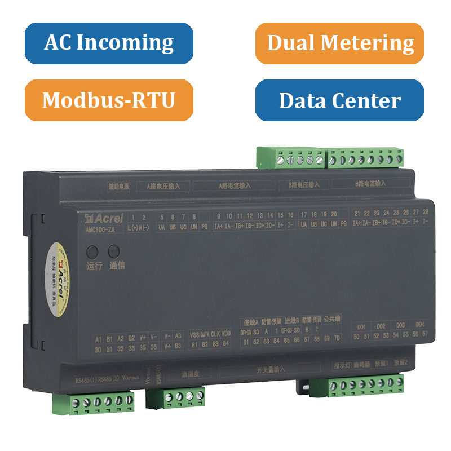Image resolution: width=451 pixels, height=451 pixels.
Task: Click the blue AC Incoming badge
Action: click(x=109, y=43)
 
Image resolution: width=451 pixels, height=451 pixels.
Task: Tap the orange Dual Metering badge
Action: click(x=339, y=43)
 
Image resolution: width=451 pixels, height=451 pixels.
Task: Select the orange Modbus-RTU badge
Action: click(x=109, y=100)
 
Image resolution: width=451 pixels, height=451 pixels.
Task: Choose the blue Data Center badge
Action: click(x=339, y=100)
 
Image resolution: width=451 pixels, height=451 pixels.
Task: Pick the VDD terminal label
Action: click(x=226, y=334)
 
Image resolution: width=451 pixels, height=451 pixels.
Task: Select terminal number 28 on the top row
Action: click(x=425, y=212)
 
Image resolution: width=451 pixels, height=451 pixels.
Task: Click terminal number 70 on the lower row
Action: click(x=337, y=338)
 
